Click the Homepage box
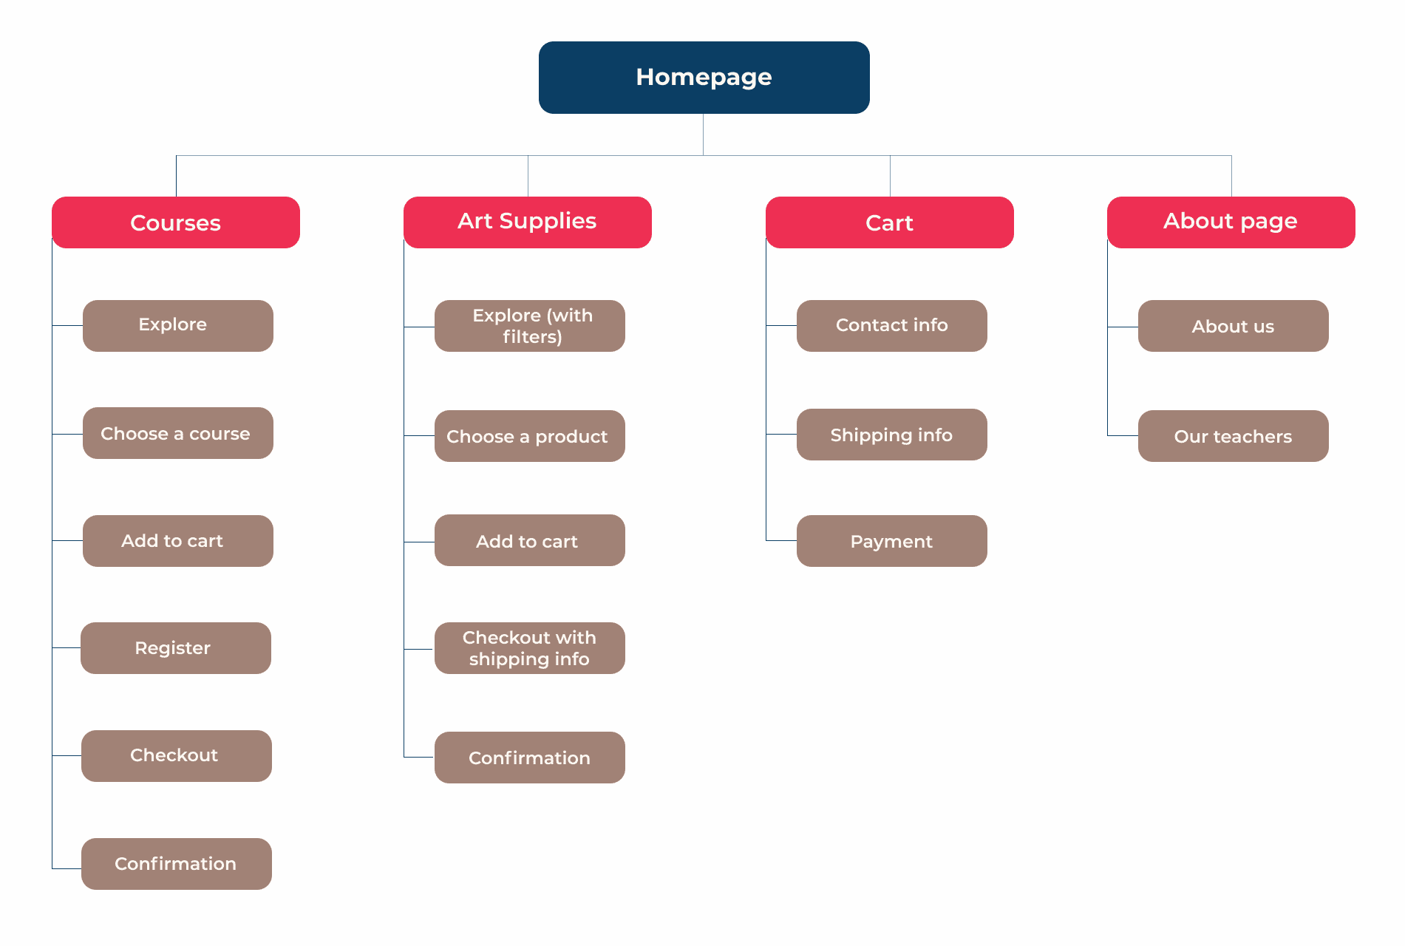coord(704,78)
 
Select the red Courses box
coord(176,222)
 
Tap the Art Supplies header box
coord(528,222)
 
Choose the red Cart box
coord(890,222)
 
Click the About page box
coord(1231,222)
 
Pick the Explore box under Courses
coord(178,326)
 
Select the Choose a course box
coord(178,433)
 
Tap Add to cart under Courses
coord(178,541)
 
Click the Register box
coord(176,648)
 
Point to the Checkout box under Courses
coord(177,756)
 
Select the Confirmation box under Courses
coord(177,864)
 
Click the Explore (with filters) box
coord(530,326)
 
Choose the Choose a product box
coord(530,436)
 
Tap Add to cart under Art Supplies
coord(530,540)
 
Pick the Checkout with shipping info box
coord(530,648)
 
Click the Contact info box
coord(892,326)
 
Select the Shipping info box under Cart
coord(892,435)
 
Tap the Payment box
coord(892,541)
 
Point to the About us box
coord(1234,326)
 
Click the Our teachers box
coord(1234,436)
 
